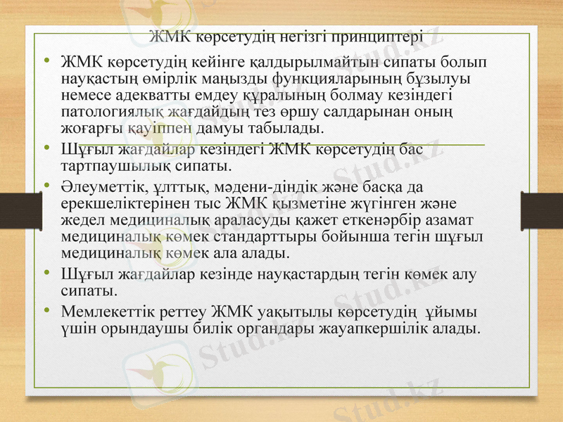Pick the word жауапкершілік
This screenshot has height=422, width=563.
click(x=378, y=328)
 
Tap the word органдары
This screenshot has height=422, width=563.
click(x=276, y=328)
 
